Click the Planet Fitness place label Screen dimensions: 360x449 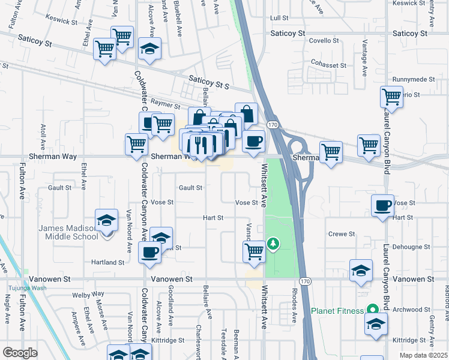coord(338,311)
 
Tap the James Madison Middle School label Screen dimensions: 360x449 coord(68,232)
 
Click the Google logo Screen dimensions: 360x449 coord(20,353)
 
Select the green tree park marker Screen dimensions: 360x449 coord(273,243)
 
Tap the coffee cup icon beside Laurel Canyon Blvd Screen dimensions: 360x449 coord(382,206)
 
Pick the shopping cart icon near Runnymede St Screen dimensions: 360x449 coord(391,96)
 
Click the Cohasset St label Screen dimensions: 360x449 coord(328,65)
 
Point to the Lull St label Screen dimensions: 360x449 coord(280,19)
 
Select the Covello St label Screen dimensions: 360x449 coord(324,41)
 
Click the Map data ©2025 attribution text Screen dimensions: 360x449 coord(423,355)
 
